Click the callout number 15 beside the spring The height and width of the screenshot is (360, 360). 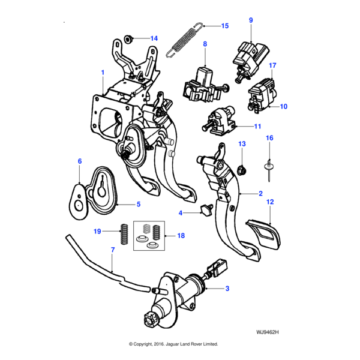225,26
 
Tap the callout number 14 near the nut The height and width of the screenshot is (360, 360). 154,38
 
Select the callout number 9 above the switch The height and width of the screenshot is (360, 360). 251,20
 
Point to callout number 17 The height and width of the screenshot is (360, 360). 272,65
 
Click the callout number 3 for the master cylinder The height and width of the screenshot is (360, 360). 227,289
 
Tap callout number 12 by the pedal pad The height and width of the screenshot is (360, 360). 270,202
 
